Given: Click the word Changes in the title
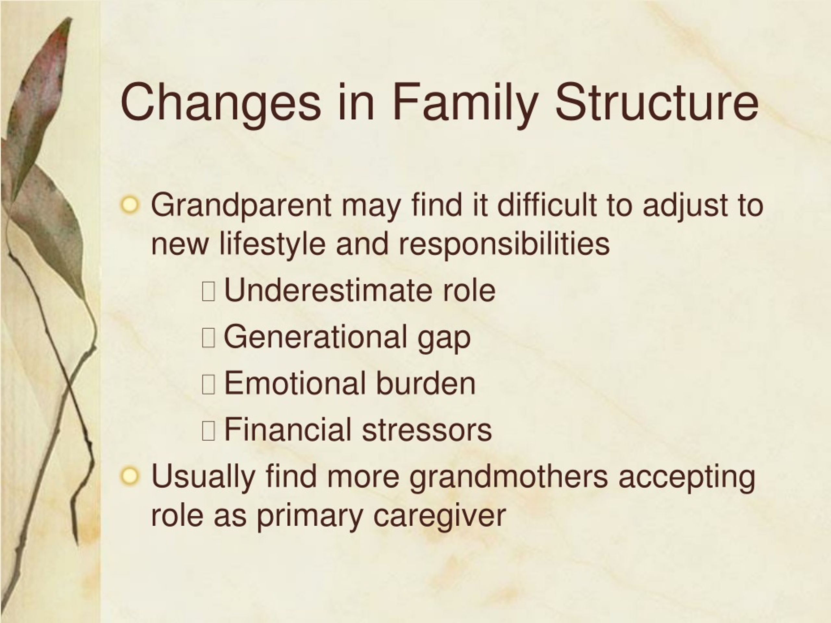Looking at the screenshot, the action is pyautogui.click(x=221, y=103).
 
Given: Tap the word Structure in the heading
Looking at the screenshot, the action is pyautogui.click(x=656, y=102).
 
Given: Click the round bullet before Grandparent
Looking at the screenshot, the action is pyautogui.click(x=130, y=205).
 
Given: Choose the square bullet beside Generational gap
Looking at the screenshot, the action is pyautogui.click(x=208, y=337).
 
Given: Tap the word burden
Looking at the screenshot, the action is pyautogui.click(x=426, y=383).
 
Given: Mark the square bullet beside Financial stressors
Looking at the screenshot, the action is pyautogui.click(x=208, y=430).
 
